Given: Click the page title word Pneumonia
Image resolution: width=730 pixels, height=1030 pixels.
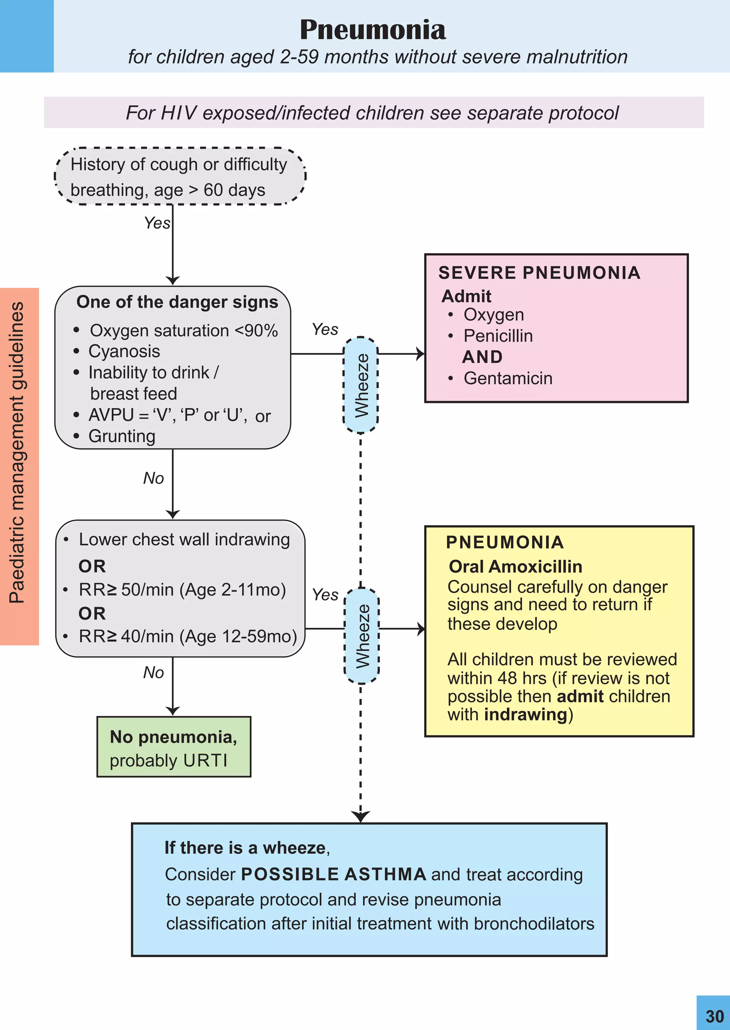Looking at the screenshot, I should point(372,30).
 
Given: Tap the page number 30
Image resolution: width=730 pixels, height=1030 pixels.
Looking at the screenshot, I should point(714,1016).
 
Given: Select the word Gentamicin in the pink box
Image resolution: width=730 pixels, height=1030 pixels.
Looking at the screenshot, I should point(508,378).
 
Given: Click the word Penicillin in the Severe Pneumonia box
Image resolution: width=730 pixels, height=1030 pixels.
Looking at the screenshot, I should point(498,336).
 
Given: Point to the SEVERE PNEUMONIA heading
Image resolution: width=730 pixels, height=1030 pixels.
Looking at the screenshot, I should point(539,273).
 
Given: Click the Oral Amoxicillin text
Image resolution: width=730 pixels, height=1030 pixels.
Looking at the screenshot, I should point(515,567).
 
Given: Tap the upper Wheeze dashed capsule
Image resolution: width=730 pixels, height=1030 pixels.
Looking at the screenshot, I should point(360,385).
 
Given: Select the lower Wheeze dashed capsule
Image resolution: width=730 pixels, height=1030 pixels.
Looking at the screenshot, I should point(362,636).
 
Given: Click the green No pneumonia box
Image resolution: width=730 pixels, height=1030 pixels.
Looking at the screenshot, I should point(174,746).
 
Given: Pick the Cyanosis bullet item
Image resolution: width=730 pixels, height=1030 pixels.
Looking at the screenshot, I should point(124,351).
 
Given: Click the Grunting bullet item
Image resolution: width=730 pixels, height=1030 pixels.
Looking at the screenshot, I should point(122,436).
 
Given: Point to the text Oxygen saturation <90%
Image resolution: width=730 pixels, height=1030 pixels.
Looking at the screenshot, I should point(184,331).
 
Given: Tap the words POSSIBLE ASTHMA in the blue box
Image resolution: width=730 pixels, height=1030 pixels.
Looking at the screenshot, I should point(334,874).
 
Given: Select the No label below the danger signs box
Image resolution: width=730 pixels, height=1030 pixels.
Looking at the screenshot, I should point(153,478).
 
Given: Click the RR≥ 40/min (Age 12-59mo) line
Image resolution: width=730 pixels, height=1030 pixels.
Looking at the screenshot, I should point(187,636).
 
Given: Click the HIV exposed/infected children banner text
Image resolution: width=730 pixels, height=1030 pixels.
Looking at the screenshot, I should point(372,113).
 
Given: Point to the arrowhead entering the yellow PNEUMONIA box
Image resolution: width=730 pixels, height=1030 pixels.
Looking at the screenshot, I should point(421,629).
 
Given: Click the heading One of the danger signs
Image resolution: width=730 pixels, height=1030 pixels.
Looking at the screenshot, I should point(177,302).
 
